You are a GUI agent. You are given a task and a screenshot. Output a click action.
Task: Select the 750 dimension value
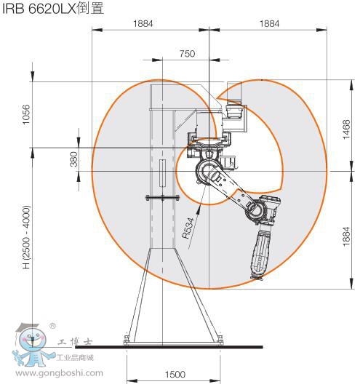[188, 54]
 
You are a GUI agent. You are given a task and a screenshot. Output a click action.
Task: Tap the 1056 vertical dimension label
[28, 115]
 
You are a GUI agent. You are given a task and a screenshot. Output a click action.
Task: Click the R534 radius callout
[188, 227]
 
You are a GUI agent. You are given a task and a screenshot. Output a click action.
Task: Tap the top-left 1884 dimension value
[144, 23]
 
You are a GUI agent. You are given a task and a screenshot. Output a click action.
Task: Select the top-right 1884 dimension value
[269, 23]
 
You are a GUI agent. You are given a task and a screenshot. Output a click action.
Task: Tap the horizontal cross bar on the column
[161, 197]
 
